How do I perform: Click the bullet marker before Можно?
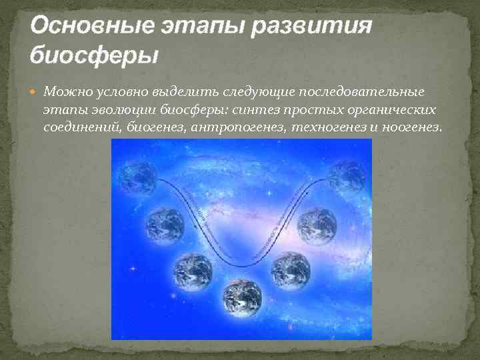(x=35, y=91)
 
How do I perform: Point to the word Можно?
(x=64, y=91)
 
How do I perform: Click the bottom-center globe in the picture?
(x=241, y=297)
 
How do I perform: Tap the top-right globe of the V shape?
(x=347, y=176)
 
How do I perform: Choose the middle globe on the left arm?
(x=165, y=225)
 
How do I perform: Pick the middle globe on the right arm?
(x=317, y=225)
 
